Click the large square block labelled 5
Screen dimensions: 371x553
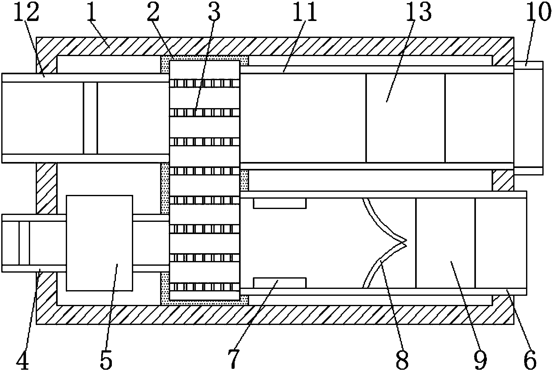coord(99,243)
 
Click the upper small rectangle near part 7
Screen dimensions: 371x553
coord(279,203)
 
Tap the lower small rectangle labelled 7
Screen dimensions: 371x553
coord(279,282)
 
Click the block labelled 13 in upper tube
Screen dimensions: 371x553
coord(405,118)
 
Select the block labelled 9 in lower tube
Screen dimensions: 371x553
coord(445,243)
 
